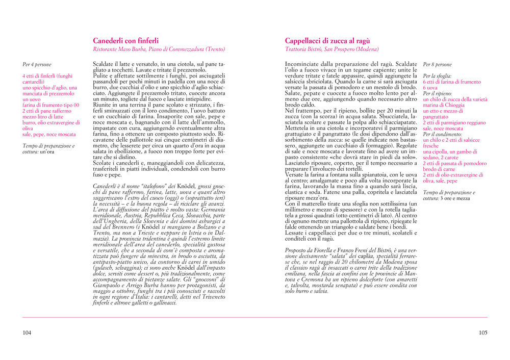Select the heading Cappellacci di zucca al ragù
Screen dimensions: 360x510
click(x=327, y=41)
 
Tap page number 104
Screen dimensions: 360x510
click(x=27, y=332)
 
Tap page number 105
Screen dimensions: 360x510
click(x=482, y=332)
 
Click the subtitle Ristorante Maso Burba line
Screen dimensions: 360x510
click(x=159, y=49)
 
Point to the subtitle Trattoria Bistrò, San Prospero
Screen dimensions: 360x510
click(x=332, y=49)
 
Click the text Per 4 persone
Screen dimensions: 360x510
click(x=37, y=65)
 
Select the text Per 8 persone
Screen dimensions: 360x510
click(x=437, y=65)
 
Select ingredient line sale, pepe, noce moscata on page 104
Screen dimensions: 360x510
click(x=49, y=134)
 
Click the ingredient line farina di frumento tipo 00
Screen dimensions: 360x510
click(x=51, y=105)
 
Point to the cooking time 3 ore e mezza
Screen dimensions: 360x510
click(x=455, y=198)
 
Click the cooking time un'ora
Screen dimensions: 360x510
click(x=47, y=152)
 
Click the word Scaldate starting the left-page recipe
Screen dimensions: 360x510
click(x=104, y=64)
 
